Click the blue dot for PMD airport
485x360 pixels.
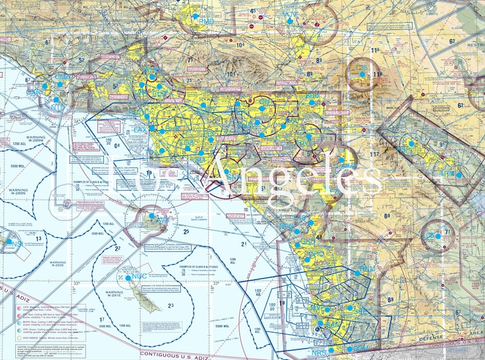point(195,17)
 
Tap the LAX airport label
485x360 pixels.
point(140,130)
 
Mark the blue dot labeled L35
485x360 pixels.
point(362,74)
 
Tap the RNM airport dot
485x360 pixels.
point(358,273)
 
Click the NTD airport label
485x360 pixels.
point(57,108)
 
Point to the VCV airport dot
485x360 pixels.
point(290,21)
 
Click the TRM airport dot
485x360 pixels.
point(459,175)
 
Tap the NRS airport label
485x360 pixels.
point(319,353)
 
